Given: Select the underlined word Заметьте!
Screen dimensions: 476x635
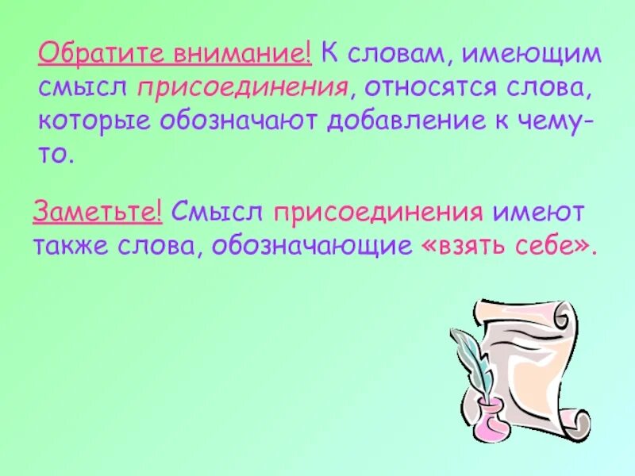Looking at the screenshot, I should [98, 213].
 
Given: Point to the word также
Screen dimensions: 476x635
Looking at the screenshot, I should [72, 245].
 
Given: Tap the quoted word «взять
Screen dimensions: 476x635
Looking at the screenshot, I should [459, 245].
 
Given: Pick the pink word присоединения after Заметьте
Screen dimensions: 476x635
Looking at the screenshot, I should [379, 213].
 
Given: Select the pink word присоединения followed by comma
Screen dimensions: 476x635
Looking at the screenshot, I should [242, 88].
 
